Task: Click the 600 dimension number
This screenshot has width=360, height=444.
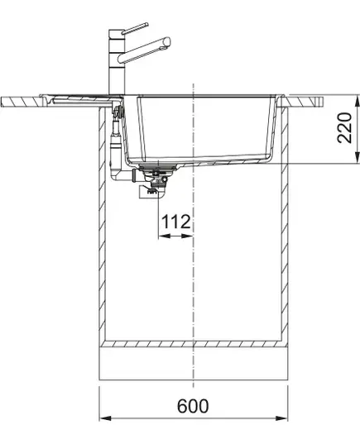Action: point(193,406)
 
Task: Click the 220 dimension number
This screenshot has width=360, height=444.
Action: point(344,127)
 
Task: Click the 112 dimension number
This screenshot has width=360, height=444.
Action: point(175,222)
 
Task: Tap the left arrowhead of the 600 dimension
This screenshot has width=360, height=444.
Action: point(105,418)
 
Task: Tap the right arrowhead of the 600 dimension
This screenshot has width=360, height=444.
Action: point(281,418)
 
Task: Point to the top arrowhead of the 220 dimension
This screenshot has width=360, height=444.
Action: point(358,100)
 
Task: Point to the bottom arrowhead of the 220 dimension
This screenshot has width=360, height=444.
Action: point(358,158)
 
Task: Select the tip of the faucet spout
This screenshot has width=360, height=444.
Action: point(168,41)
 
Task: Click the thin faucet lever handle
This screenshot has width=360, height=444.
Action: point(135,28)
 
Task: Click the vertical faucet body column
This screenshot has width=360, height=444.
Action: point(116,61)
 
